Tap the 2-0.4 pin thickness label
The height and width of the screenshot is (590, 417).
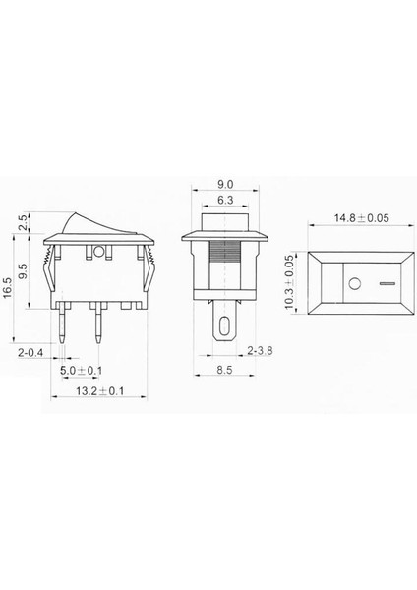28,350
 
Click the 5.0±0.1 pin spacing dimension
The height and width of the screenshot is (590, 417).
81,370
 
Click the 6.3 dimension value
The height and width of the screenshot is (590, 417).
225,200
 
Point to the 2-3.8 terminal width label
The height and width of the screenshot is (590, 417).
262,350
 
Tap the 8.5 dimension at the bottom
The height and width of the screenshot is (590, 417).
226,371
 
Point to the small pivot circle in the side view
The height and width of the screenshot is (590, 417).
97,251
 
